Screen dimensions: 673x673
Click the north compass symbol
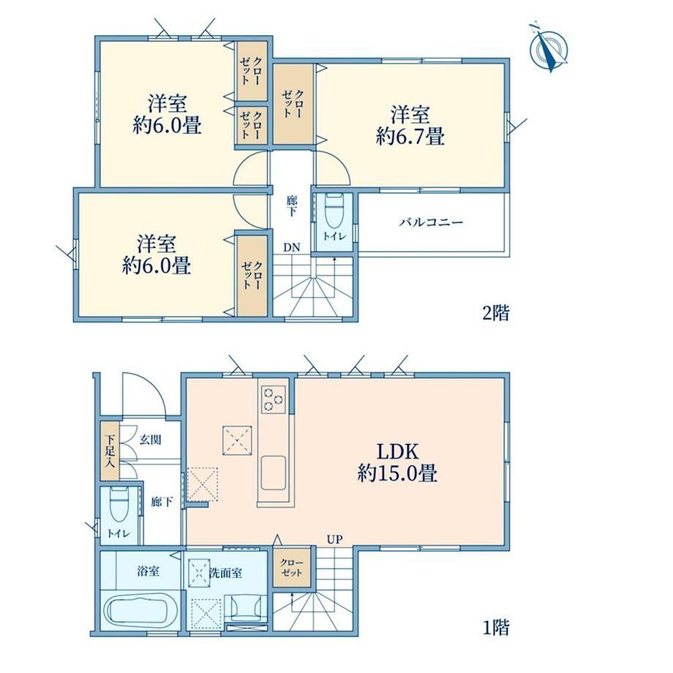coord(549,48)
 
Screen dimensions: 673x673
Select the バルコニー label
coord(432,222)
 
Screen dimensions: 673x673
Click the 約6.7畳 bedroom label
coord(410,126)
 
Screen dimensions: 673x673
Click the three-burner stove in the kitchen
coord(274,399)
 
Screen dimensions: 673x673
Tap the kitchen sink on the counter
coord(274,473)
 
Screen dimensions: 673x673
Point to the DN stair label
coord(291,248)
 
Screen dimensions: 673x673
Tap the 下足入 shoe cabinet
coord(110,451)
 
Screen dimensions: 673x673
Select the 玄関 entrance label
coord(150,440)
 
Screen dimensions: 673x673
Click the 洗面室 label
coord(225,572)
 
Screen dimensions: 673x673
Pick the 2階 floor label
coord(496,313)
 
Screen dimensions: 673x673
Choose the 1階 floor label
coord(496,628)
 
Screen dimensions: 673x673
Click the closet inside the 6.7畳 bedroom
coord(293,104)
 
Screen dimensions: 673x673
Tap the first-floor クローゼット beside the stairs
coord(292,568)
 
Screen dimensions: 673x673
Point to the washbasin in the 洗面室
coord(247,607)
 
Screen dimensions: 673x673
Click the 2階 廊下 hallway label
coord(292,206)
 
